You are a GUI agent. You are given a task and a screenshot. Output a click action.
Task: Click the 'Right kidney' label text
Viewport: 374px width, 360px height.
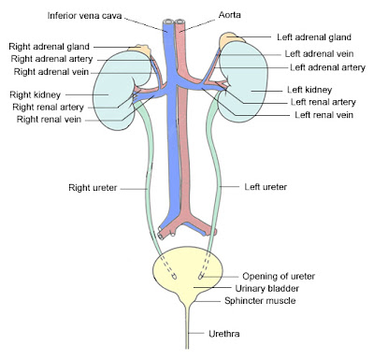tap(36, 94)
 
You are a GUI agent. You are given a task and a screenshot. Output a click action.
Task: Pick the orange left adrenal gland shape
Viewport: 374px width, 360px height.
tap(230, 42)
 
